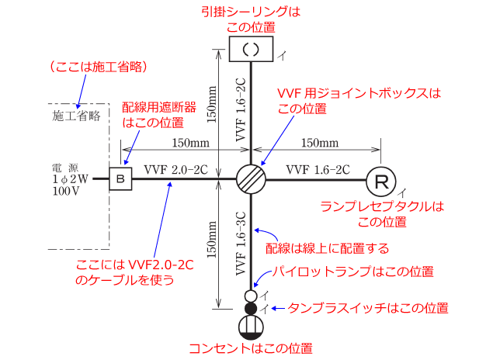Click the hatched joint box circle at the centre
(x=251, y=179)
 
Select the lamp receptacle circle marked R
(x=380, y=181)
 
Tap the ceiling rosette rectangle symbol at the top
(x=251, y=48)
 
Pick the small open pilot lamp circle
(x=251, y=296)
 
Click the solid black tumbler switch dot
(x=251, y=308)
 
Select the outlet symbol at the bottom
(x=251, y=326)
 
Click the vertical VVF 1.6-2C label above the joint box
(x=240, y=108)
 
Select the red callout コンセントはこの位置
(x=251, y=348)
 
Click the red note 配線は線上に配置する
(x=327, y=248)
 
